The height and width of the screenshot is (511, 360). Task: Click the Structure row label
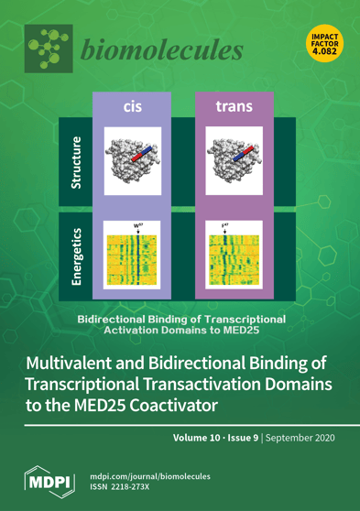pyautogui.click(x=78, y=163)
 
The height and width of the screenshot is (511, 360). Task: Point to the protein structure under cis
pyautogui.click(x=132, y=163)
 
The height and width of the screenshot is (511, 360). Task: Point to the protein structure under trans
pyautogui.click(x=235, y=163)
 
